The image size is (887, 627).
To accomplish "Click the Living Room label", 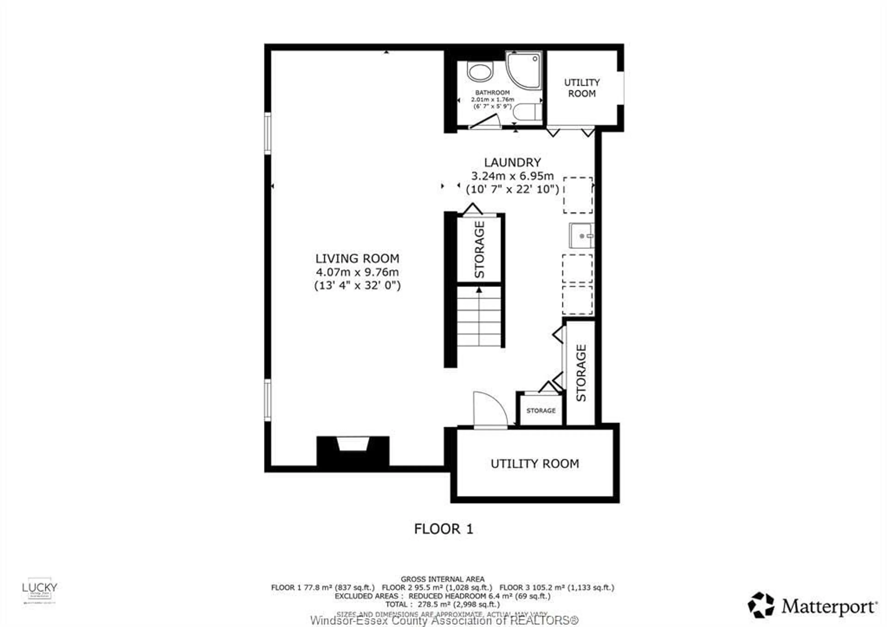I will pos(357,258).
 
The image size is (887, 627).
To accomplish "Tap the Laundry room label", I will pos(512,163).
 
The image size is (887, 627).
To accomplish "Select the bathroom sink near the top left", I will pos(480,72).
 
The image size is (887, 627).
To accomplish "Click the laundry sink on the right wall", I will pos(581,235).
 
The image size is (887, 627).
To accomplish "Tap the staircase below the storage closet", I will pos(479,317).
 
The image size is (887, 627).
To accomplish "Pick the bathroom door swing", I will pos(484,121).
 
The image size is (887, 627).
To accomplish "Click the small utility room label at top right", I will pos(582,88).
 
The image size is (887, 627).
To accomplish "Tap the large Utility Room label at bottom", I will pos(535,463).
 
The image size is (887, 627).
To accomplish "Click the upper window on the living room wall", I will pos(267,133).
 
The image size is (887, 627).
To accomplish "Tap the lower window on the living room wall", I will pos(267,400).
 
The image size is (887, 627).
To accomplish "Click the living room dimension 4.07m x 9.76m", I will pos(357,272).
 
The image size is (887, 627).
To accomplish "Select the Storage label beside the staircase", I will pos(479,250).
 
